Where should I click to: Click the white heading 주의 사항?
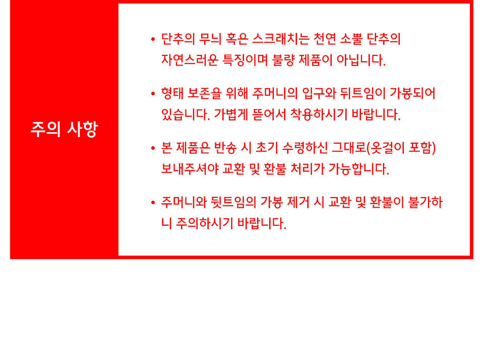click(x=64, y=129)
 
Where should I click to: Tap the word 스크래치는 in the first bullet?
click(x=281, y=39)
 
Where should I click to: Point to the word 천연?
click(x=324, y=39)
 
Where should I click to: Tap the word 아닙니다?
click(x=361, y=60)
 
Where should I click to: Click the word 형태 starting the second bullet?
click(x=172, y=94)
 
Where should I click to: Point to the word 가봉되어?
click(x=412, y=94)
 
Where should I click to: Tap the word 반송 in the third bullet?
click(x=225, y=148)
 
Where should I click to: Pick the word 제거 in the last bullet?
click(x=298, y=203)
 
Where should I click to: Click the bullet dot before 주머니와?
click(x=153, y=203)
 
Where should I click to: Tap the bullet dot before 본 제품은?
click(x=153, y=149)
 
